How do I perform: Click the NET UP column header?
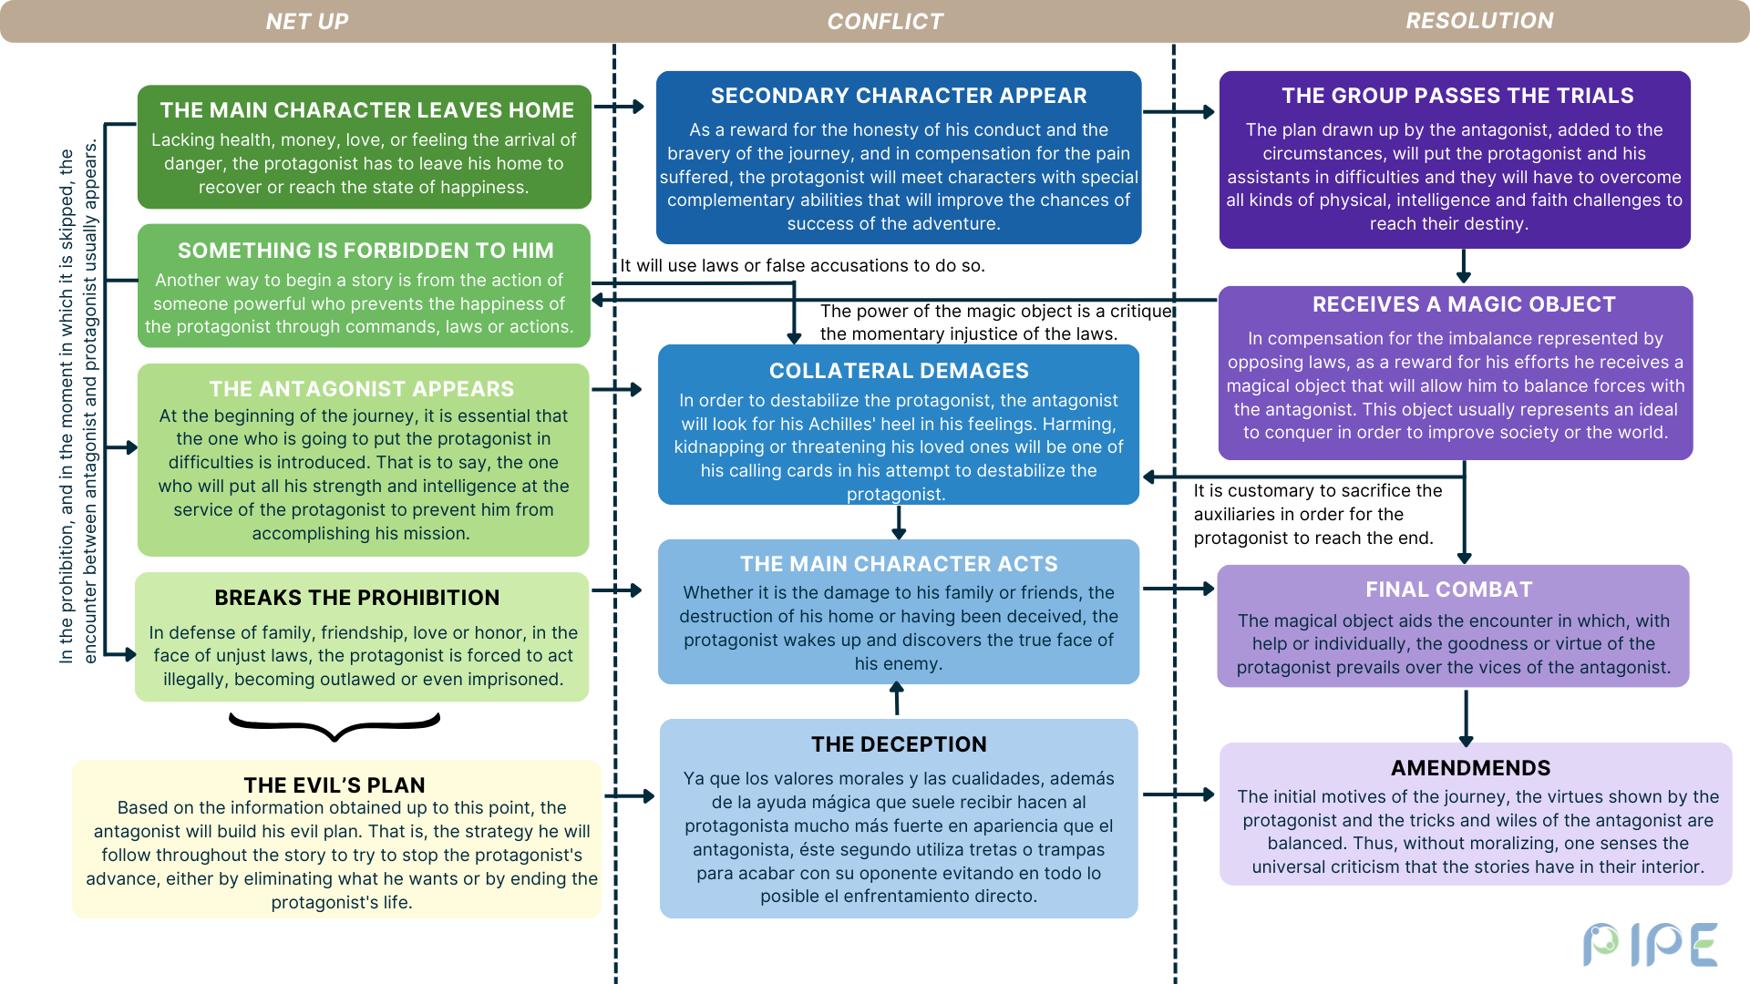tap(307, 21)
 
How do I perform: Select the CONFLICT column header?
tap(885, 21)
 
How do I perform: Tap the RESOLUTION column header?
tap(1479, 21)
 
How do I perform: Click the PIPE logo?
tap(1650, 944)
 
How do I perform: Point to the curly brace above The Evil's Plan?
tap(335, 726)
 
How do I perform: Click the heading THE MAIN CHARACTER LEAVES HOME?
tap(367, 110)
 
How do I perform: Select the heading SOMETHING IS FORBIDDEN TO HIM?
tap(365, 251)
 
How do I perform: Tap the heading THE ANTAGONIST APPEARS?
tap(362, 389)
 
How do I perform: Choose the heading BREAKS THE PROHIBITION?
tap(357, 598)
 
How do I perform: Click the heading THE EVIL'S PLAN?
tap(335, 784)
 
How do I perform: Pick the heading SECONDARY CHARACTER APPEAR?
tap(899, 96)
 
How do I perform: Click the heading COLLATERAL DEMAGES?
tap(899, 371)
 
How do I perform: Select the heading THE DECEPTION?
tap(899, 744)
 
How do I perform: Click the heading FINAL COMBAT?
tap(1449, 589)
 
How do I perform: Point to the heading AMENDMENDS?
tap(1471, 768)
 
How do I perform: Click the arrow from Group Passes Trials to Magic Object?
tap(1464, 266)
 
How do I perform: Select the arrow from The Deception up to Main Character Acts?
tap(897, 699)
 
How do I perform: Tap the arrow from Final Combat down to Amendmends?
tap(1466, 718)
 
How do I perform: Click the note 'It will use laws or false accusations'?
tap(802, 265)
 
